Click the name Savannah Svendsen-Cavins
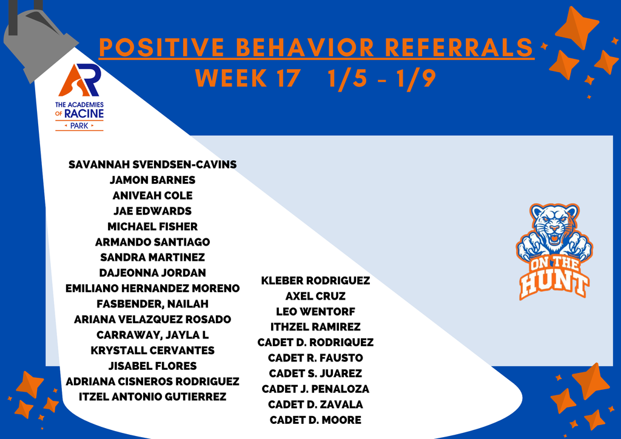(152, 164)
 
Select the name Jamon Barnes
(152, 180)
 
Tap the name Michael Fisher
(152, 226)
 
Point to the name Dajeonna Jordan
(152, 273)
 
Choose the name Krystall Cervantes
(152, 350)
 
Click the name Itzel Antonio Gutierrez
(152, 397)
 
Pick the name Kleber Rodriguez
(315, 281)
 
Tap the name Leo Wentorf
(315, 312)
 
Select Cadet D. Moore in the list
(315, 420)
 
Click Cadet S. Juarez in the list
(315, 374)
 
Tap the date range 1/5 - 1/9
(380, 78)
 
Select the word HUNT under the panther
(553, 284)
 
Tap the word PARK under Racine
(79, 126)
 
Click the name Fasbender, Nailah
(152, 304)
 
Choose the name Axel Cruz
(315, 297)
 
